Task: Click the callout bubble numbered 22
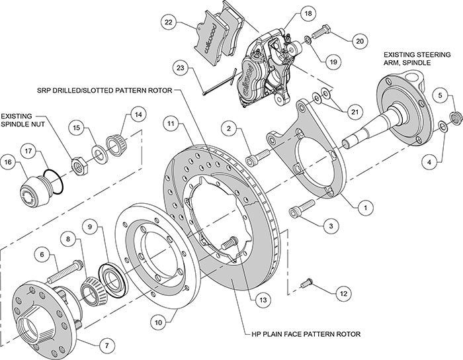[169, 22]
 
